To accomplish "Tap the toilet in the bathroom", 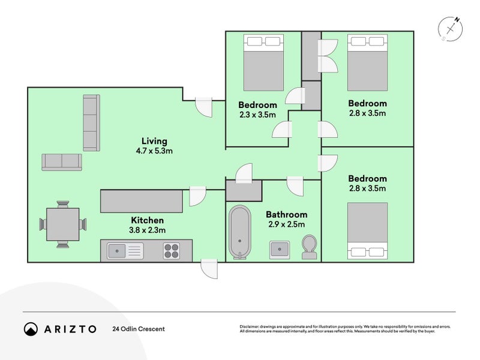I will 310,247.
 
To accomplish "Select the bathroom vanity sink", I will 278,248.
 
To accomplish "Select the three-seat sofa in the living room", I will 90,122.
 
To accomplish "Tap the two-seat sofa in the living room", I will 62,162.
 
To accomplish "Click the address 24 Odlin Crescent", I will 138,329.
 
